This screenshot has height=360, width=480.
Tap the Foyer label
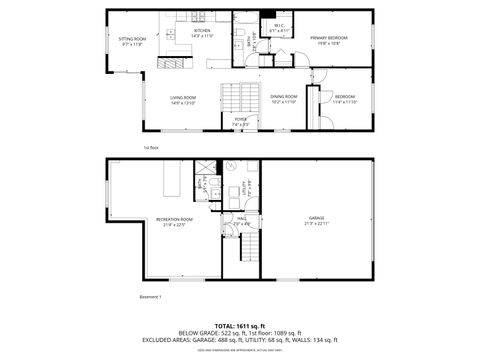240,122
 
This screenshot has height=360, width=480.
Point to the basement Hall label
242,221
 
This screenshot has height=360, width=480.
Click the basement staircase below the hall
247,250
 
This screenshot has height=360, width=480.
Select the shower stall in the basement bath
205,168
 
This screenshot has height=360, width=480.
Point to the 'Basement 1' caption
149,297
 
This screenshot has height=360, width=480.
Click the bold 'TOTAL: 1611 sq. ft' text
240,324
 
